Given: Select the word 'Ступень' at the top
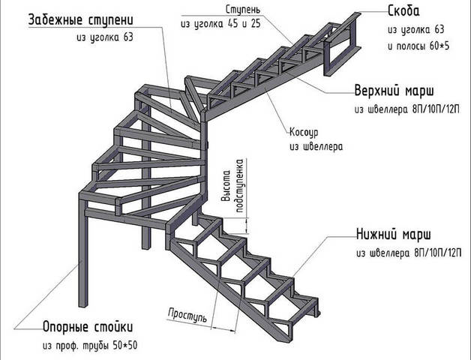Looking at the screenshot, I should coord(243,9).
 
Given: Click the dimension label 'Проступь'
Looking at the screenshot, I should coord(187,313).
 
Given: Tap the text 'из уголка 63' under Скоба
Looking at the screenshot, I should coord(416,30).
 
